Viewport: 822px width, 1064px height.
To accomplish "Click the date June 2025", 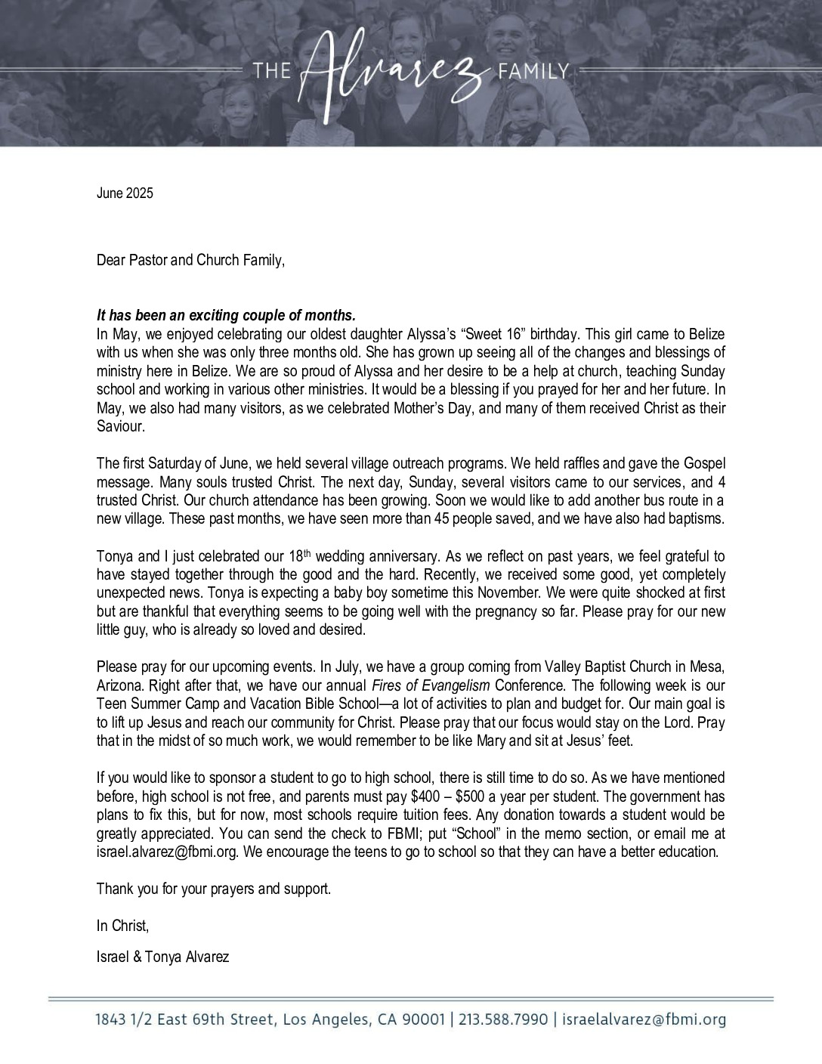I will pos(125,193).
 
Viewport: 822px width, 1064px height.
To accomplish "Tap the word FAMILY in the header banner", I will pos(533,73).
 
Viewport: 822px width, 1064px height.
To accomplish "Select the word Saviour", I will pos(120,427).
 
